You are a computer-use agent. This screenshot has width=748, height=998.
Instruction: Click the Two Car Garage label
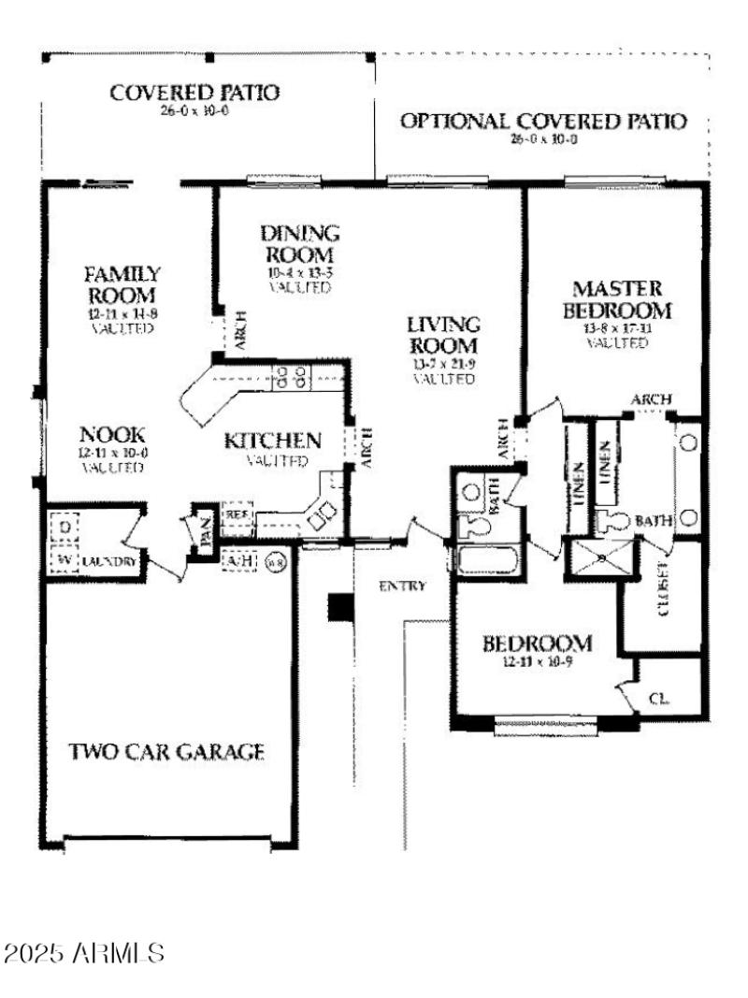point(167,751)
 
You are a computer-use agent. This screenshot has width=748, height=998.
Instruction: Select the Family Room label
point(122,285)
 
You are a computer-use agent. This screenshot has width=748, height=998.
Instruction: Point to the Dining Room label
point(299,243)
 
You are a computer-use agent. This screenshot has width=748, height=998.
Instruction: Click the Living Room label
point(444,336)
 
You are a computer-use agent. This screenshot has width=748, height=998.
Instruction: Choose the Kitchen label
point(273,440)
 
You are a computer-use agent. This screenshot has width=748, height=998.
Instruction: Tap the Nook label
point(112,434)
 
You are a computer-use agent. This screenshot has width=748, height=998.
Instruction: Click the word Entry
point(402,586)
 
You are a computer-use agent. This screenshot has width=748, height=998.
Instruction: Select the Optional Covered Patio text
point(543,122)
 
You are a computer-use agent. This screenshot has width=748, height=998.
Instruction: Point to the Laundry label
point(109,561)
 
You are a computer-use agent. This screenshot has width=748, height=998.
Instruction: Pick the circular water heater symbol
point(276,562)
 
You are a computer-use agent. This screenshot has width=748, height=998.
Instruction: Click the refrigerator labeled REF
point(237,515)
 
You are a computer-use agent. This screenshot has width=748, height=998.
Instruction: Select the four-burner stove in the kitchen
point(290,376)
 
